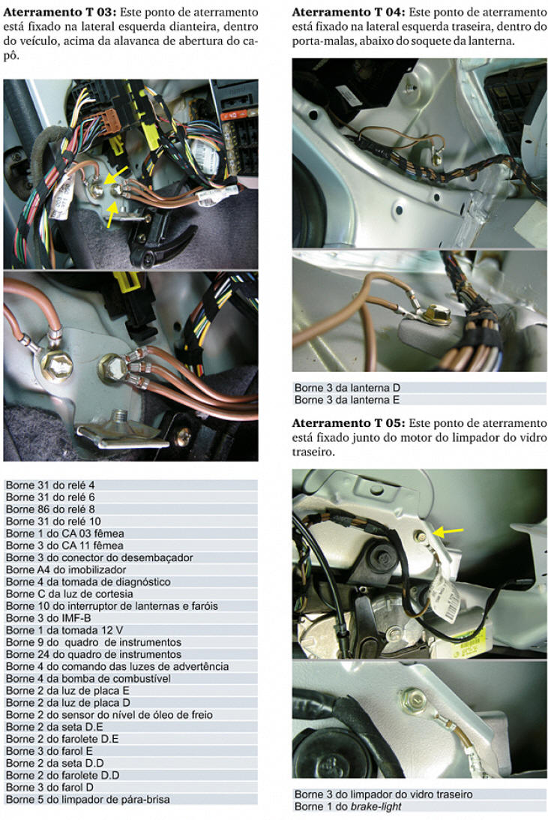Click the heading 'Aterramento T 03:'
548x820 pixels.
[59, 12]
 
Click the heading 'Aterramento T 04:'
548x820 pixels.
[349, 12]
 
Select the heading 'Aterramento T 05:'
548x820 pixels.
[349, 422]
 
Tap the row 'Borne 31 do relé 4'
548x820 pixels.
[130, 485]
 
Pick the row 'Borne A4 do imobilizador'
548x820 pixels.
[130, 569]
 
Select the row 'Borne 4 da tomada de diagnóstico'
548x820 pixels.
[130, 581]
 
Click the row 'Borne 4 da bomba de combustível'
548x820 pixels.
[130, 678]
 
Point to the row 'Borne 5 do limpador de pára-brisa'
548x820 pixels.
[130, 799]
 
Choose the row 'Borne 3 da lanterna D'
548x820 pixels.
[420, 388]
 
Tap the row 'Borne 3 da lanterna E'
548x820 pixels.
[420, 400]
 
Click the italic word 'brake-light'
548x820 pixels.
[376, 806]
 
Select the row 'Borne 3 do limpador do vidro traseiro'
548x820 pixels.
[420, 794]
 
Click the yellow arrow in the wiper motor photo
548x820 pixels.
[448, 532]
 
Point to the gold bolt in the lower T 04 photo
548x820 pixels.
[436, 314]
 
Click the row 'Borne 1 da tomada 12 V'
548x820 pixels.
[130, 630]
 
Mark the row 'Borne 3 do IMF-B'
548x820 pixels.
[130, 618]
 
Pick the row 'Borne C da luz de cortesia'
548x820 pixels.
[130, 594]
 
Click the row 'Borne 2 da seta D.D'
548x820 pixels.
[130, 763]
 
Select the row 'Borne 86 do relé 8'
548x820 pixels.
[130, 509]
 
